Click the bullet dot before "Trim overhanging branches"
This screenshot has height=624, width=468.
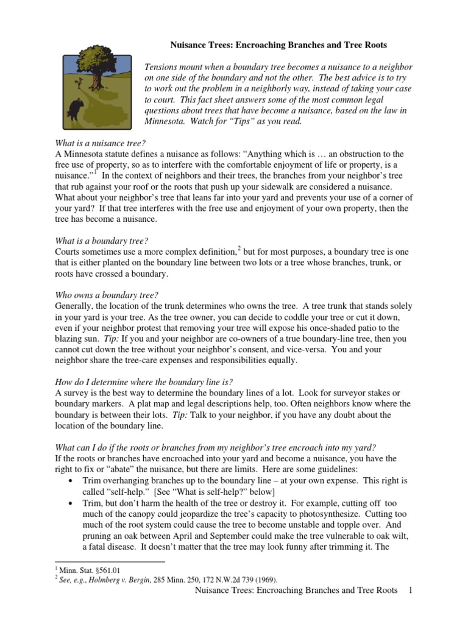73,481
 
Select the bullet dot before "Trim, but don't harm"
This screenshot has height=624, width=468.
73,503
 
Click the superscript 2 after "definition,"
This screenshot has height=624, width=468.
239,249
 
